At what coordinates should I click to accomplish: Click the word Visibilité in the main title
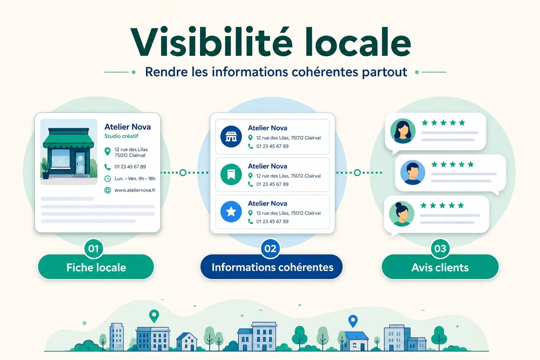(211, 42)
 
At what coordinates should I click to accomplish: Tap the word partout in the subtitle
(384, 72)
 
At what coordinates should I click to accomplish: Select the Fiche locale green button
(96, 267)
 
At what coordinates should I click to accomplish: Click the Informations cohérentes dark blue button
(271, 267)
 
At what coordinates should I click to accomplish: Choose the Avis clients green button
(440, 267)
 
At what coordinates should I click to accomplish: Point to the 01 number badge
(94, 249)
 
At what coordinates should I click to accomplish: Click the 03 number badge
(440, 249)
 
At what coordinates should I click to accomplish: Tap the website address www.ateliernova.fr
(135, 190)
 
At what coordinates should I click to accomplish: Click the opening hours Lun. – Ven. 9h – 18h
(135, 179)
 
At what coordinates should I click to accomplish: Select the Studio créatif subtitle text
(121, 136)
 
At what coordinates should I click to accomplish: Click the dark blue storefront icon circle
(231, 136)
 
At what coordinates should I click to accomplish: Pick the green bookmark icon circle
(231, 174)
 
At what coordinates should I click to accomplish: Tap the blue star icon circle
(231, 212)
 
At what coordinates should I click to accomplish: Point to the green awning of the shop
(69, 141)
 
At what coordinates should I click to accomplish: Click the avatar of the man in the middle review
(412, 172)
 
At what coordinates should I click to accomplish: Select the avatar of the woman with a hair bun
(401, 214)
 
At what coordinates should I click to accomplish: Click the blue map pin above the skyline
(353, 321)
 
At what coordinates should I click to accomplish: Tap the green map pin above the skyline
(154, 316)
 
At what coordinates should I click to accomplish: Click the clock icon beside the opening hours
(108, 179)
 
